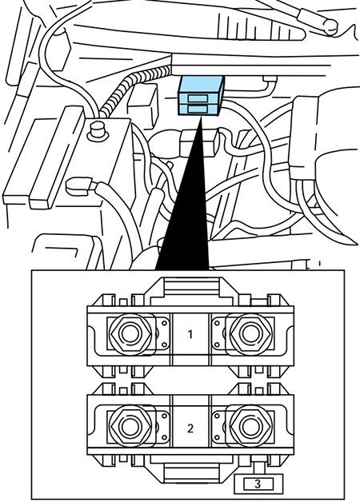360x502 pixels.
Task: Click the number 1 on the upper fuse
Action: pos(190,334)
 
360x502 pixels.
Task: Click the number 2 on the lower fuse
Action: pos(190,428)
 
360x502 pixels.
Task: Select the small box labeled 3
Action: pos(257,484)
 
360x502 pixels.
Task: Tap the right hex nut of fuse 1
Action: pos(247,332)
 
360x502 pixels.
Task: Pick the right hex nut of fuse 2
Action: pos(247,425)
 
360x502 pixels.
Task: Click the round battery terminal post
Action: pos(99,129)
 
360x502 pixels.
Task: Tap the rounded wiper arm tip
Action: pos(328,25)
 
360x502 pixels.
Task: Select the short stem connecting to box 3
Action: pos(257,468)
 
